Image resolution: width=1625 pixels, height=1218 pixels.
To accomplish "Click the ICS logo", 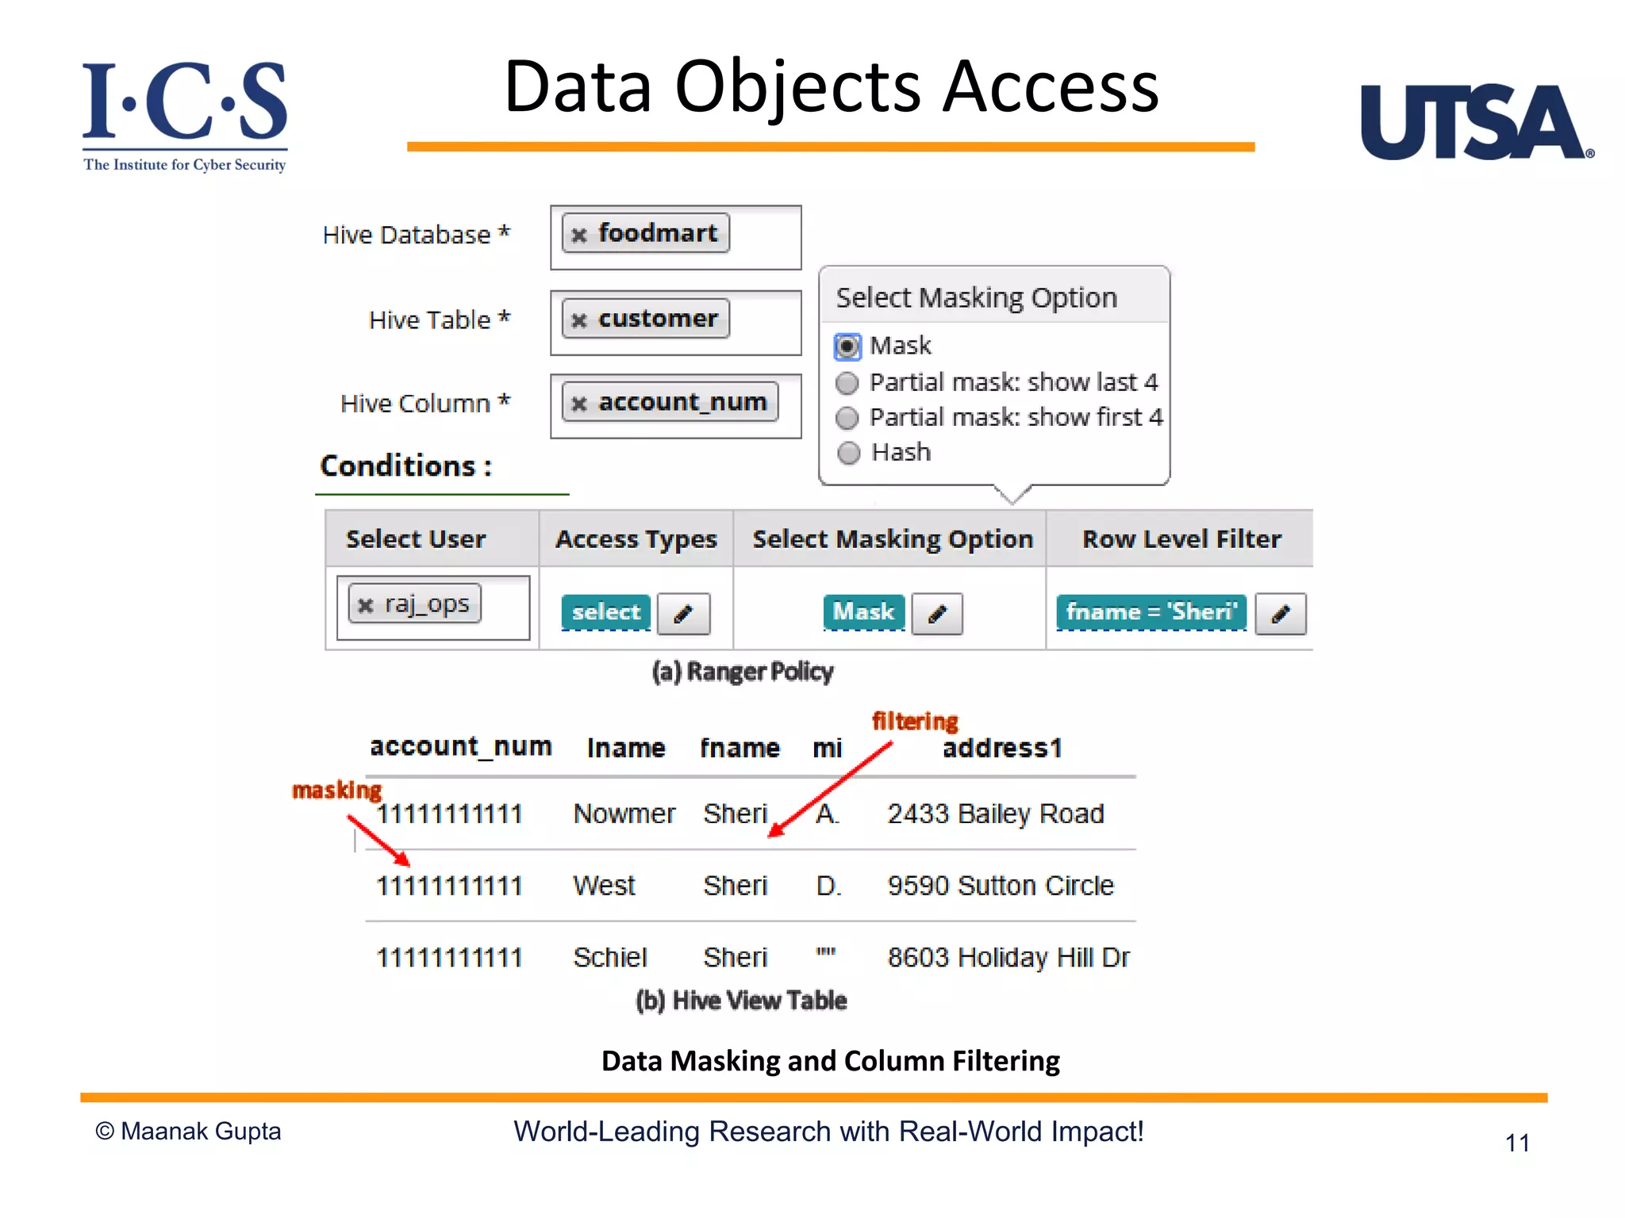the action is coord(185,115).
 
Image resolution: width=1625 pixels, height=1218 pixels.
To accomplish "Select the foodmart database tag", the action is coord(646,233).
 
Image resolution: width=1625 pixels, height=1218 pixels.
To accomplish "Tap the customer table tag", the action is coord(646,319).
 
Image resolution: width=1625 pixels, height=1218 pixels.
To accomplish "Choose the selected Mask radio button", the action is coord(847,347).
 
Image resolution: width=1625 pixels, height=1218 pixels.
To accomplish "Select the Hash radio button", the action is coord(848,453).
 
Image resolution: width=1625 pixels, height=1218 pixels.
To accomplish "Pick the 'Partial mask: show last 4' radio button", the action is coord(847,383).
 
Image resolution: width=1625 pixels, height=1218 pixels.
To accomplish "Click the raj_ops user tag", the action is coord(415,605).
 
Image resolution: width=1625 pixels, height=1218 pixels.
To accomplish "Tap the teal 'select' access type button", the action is coord(606,612).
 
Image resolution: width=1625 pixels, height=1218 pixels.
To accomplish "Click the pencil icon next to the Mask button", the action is coord(937,614).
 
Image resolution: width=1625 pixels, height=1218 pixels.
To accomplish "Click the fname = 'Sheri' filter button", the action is coord(1151,612).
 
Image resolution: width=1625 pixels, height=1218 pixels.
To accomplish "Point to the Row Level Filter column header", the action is coord(1181,539).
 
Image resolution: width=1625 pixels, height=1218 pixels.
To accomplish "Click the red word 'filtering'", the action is coord(915,721).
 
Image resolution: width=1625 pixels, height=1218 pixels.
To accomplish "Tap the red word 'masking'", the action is coord(336,790).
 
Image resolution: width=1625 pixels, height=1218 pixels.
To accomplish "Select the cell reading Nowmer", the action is coord(624,814).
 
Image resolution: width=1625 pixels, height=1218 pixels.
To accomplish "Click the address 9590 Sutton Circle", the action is coord(1000,885).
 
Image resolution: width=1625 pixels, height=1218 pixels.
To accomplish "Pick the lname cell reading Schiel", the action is coord(610,957).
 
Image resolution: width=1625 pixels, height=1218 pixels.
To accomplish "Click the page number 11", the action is coord(1516,1143).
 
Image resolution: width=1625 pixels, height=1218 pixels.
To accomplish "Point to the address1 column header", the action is coord(1001,748).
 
